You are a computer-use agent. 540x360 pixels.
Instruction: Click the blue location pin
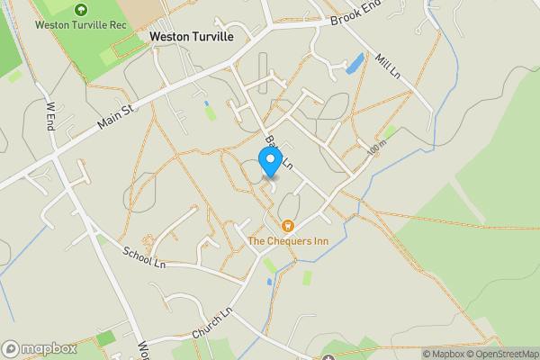pos(269,161)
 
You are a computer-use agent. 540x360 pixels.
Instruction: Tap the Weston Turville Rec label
pos(81,24)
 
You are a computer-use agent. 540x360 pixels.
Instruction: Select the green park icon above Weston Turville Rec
pos(81,10)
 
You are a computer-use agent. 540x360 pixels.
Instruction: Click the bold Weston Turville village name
pos(191,37)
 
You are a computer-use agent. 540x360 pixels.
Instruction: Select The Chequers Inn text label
pos(287,241)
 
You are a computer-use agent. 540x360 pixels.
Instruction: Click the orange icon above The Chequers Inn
pos(287,226)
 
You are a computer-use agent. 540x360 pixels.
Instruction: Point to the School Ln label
pos(145,258)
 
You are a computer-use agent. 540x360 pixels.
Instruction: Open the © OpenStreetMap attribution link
pos(500,354)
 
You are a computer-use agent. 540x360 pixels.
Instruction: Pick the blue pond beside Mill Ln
pos(355,64)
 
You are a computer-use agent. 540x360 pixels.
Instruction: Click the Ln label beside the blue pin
pos(287,163)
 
